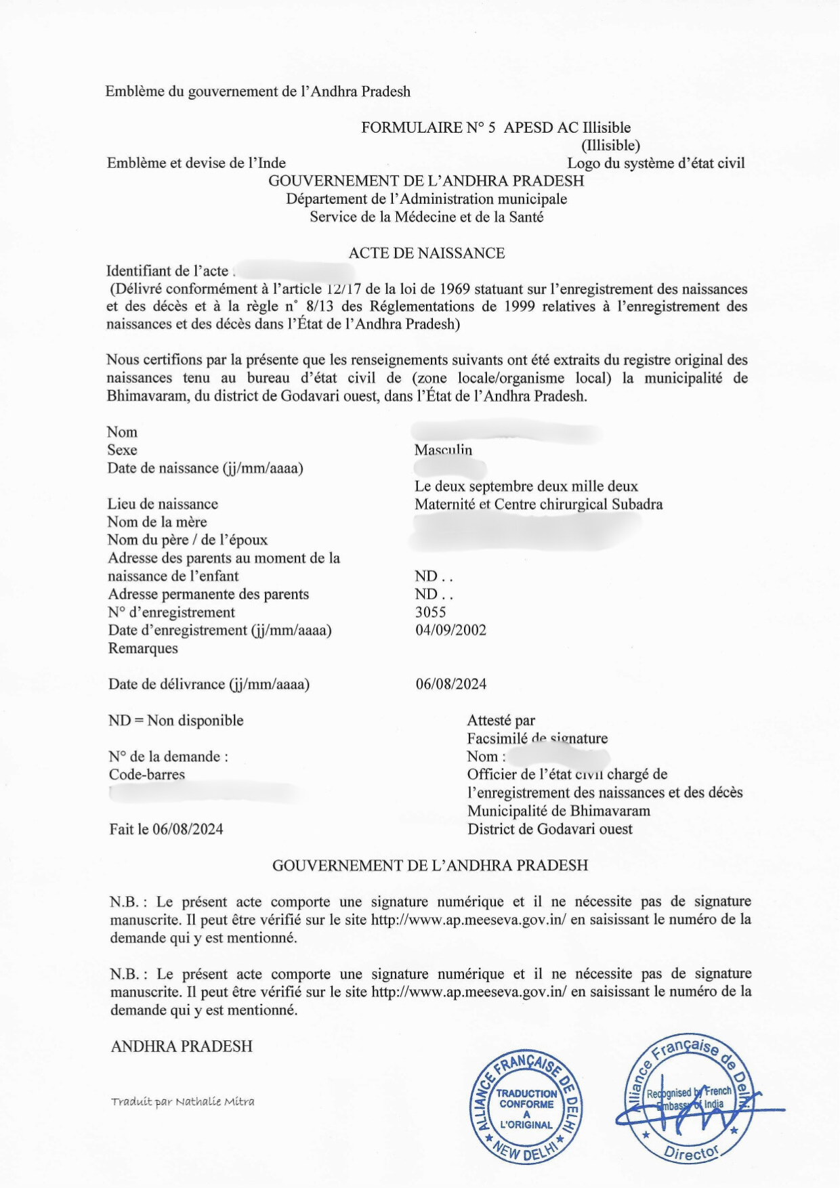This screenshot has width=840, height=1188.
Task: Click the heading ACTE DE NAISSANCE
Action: tap(426, 253)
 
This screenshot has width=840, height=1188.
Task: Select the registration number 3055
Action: tap(430, 612)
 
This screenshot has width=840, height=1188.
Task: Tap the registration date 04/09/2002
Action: tap(450, 630)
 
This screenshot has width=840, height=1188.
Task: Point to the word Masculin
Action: tap(443, 450)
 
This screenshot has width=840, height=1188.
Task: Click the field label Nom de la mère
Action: tap(156, 522)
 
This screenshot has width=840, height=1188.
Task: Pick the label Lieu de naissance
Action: tap(162, 504)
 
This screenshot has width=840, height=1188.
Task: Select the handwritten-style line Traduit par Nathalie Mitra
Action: tap(183, 1101)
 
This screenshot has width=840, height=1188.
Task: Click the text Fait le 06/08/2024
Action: tap(166, 829)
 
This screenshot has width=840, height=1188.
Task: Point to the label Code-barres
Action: tap(146, 774)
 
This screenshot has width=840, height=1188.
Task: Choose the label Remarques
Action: tap(143, 648)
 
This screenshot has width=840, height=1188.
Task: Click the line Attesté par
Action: tap(501, 721)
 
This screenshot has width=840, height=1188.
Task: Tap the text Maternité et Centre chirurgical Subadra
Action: tap(539, 504)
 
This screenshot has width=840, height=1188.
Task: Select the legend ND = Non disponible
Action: tap(175, 721)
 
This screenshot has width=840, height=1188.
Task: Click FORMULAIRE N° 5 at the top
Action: tap(428, 127)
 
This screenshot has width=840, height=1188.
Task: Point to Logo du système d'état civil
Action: tap(655, 163)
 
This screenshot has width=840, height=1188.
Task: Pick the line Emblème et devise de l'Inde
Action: tap(196, 163)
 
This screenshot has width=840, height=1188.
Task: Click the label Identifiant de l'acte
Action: tap(167, 271)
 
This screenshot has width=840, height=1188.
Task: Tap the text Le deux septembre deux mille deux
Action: tap(526, 486)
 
